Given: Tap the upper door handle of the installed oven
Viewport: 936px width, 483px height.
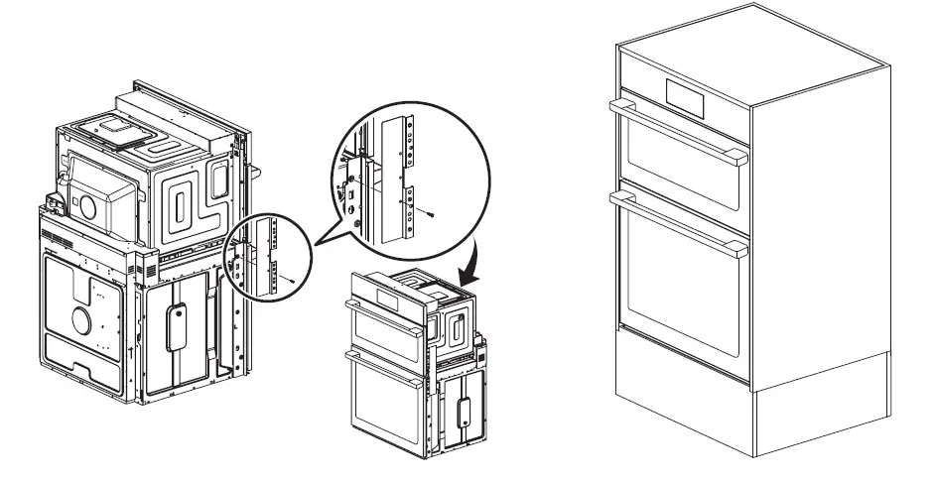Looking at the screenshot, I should coord(675,129).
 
